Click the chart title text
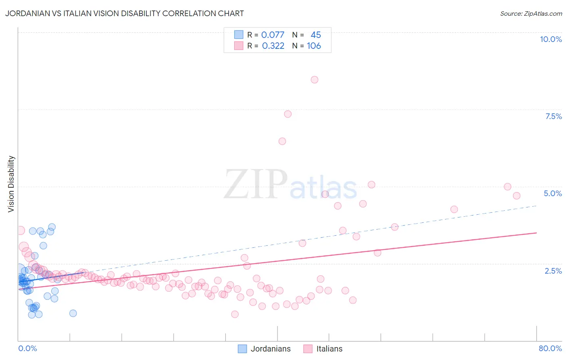point(124,13)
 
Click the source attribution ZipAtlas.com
point(531,13)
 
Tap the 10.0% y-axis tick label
point(550,39)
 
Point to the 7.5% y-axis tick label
point(553,116)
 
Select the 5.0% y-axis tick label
point(552,193)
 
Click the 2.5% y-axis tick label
point(553,271)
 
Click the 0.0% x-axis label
point(27,348)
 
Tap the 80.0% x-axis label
point(550,348)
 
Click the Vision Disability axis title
point(11,184)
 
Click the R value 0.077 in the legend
point(273,35)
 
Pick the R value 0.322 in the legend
point(273,46)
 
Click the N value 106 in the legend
point(314,46)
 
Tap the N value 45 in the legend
point(316,35)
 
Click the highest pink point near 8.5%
point(315,80)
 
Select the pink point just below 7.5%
point(288,114)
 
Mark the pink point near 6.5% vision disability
point(282,141)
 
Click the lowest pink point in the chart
point(235,314)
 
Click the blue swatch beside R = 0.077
point(239,35)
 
